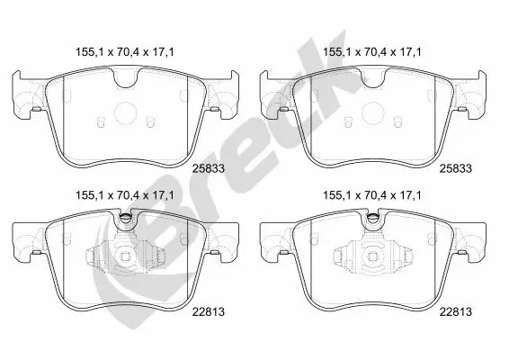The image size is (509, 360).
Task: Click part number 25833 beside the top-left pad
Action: coord(209,168)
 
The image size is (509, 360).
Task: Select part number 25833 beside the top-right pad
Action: coord(455,168)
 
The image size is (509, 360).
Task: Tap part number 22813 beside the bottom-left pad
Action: coord(209,312)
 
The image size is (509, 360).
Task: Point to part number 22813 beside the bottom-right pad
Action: coord(455,312)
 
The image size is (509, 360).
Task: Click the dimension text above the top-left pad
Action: coord(125,52)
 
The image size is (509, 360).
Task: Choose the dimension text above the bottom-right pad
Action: coord(372,195)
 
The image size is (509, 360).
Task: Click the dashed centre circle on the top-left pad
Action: coord(125,113)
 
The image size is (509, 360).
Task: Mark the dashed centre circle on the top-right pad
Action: coord(372,113)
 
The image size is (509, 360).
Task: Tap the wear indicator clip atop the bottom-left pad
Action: coord(125,218)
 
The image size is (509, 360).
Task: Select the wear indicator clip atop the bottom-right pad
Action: coord(372,218)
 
